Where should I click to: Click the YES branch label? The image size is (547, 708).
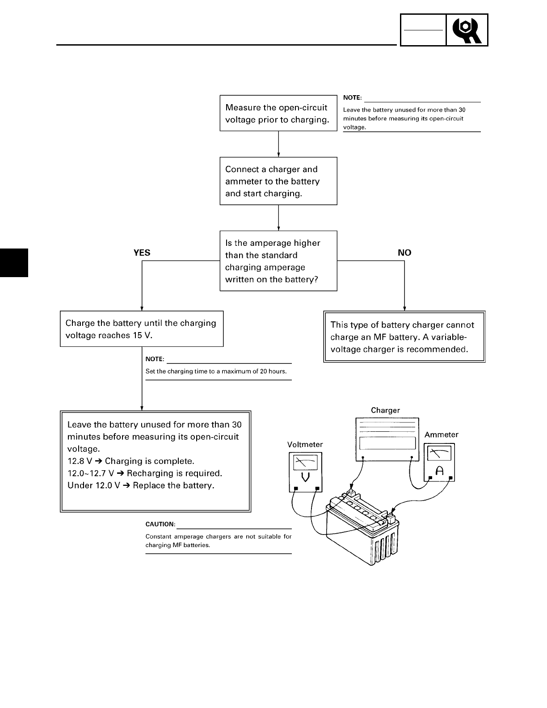tap(142, 253)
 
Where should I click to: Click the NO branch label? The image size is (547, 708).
tap(404, 253)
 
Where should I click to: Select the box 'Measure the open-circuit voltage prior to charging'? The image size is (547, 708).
tap(278, 114)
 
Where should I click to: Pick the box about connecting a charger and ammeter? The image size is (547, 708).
tap(278, 181)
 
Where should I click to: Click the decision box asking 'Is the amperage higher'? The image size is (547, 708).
tap(278, 261)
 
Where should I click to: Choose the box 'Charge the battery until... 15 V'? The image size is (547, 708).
tap(142, 329)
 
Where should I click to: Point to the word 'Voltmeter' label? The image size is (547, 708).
tap(305, 445)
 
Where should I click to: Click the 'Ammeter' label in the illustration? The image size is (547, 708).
tap(441, 434)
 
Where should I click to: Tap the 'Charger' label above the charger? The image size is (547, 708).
tap(385, 410)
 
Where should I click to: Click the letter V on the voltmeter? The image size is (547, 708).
tap(306, 477)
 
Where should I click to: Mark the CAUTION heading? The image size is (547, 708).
tap(160, 524)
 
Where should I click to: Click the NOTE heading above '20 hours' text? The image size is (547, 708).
tap(155, 359)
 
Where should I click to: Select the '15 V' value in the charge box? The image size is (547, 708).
tap(142, 335)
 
